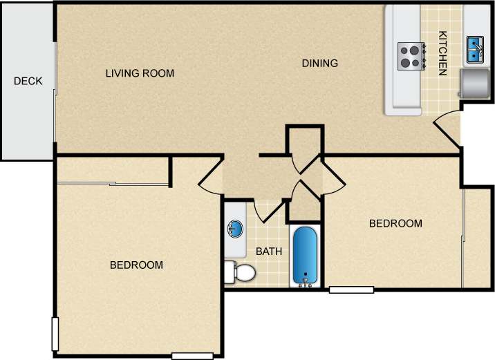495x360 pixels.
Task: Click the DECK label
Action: (28, 82)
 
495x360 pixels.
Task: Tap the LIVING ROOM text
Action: (140, 73)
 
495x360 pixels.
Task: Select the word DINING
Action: (320, 64)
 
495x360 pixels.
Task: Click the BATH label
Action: (269, 252)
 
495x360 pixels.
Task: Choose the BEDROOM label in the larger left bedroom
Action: (137, 265)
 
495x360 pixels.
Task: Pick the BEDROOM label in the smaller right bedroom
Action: (395, 224)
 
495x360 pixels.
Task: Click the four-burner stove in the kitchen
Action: (410, 55)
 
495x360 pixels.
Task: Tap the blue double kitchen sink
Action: (475, 48)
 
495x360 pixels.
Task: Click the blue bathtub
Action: (304, 256)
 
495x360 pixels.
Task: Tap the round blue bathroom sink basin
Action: (234, 229)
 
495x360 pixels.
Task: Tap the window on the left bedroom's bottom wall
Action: (192, 356)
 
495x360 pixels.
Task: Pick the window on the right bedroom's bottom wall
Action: (351, 290)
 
